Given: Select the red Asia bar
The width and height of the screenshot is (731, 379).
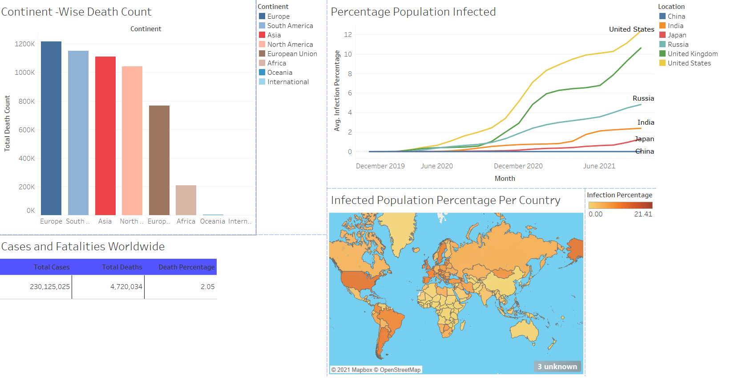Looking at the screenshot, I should pyautogui.click(x=105, y=136).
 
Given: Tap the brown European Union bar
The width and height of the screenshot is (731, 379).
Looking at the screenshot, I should pyautogui.click(x=159, y=160).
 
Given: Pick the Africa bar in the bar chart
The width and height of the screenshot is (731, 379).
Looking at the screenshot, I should pyautogui.click(x=186, y=200).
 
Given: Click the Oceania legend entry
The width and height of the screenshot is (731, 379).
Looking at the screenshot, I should pyautogui.click(x=279, y=73).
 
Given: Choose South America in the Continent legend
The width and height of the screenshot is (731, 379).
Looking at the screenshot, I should pyautogui.click(x=290, y=26).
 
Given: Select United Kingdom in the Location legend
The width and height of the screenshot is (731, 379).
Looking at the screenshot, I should pyautogui.click(x=692, y=54).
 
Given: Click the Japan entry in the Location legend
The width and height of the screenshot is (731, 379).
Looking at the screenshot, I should pyautogui.click(x=677, y=35).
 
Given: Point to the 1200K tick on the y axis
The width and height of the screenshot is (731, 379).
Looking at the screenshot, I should pyautogui.click(x=24, y=44).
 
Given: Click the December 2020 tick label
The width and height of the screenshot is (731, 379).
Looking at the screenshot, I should pyautogui.click(x=518, y=166).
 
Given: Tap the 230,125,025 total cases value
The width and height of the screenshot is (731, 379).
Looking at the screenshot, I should pyautogui.click(x=50, y=287).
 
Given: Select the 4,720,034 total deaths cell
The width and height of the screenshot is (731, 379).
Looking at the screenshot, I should pyautogui.click(x=126, y=287).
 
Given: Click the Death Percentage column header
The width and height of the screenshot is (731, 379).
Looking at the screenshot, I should pyautogui.click(x=186, y=267).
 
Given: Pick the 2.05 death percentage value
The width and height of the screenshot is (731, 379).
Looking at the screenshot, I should pyautogui.click(x=207, y=287).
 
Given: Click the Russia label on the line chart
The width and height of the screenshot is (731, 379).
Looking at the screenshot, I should pyautogui.click(x=643, y=98).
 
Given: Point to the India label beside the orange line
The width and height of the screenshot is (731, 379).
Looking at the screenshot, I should pyautogui.click(x=646, y=122).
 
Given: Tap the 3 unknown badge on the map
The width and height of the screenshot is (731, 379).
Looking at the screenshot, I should pyautogui.click(x=557, y=367).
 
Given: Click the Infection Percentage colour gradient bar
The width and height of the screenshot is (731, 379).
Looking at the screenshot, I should pyautogui.click(x=620, y=205).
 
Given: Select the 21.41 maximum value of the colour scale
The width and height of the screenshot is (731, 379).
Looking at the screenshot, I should pyautogui.click(x=643, y=214).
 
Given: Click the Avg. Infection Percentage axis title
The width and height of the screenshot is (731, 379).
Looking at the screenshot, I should pyautogui.click(x=337, y=91).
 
